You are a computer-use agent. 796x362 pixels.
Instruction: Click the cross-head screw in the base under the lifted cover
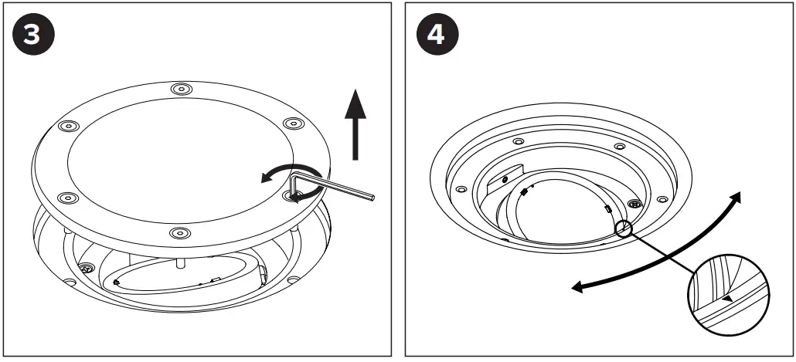click(x=86, y=269)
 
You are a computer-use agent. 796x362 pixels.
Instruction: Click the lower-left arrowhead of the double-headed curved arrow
click(x=577, y=287)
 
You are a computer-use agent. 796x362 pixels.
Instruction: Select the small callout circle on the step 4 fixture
click(x=624, y=228)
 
